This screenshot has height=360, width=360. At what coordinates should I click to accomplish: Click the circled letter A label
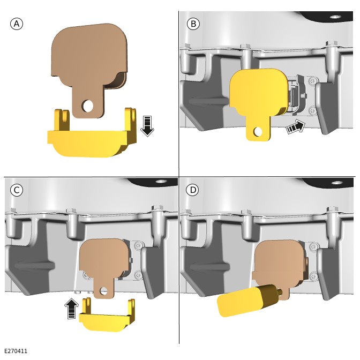coord(17,24)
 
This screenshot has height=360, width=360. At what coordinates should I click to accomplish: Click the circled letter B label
coord(193,24)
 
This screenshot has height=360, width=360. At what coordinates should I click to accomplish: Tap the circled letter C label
coord(17,190)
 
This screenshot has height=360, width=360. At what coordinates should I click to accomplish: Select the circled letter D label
coord(192,190)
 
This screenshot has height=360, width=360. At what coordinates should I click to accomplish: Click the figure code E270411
coord(16,351)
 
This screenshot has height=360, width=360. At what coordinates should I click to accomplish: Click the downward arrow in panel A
coord(147,126)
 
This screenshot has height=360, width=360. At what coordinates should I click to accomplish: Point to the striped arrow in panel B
coord(296,127)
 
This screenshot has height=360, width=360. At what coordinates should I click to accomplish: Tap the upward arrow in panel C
coord(72,309)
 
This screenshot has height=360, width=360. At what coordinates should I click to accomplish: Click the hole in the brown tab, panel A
coord(87,106)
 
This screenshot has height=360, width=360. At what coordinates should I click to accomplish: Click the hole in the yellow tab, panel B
coord(258,131)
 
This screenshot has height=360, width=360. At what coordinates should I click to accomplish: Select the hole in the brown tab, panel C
coord(103,291)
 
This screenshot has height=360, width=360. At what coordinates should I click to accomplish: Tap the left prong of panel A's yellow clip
coord(62,120)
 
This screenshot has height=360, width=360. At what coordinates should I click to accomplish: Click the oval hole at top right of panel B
coord(335,17)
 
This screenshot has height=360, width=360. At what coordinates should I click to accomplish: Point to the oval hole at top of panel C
coord(161,181)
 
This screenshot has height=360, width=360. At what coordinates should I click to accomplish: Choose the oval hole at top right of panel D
coord(337,183)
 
